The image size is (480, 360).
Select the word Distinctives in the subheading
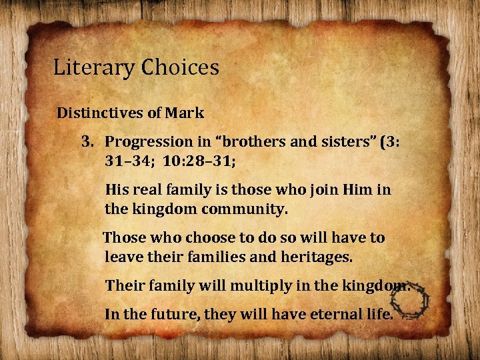(x=99, y=113)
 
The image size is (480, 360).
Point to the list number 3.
(x=87, y=142)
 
